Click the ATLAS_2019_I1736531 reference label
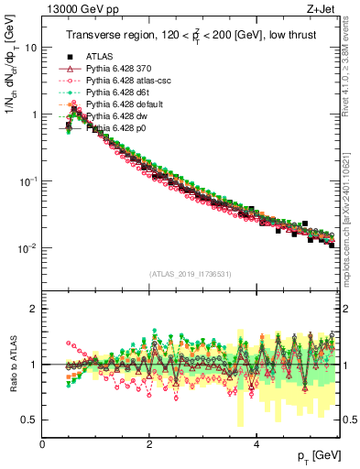[x=190, y=274]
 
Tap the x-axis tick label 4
[x=256, y=444]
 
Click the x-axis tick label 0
[x=43, y=444]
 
